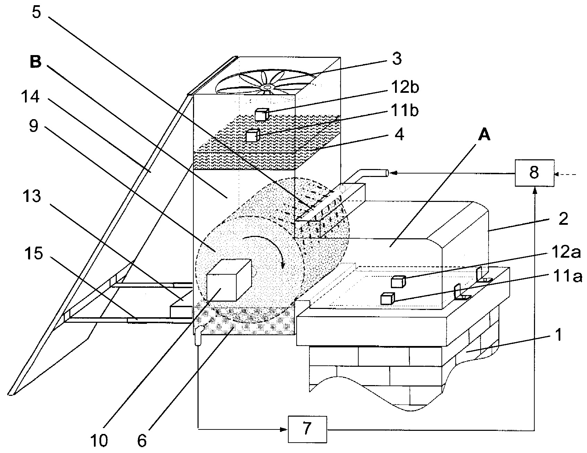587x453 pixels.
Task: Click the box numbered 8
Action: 534,172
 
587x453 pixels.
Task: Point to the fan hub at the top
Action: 266,87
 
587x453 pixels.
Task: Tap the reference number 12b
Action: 403,88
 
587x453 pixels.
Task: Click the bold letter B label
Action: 36,62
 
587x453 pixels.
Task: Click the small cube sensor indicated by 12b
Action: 262,114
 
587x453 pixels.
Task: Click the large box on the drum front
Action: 228,280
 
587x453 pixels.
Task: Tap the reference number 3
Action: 397,59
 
